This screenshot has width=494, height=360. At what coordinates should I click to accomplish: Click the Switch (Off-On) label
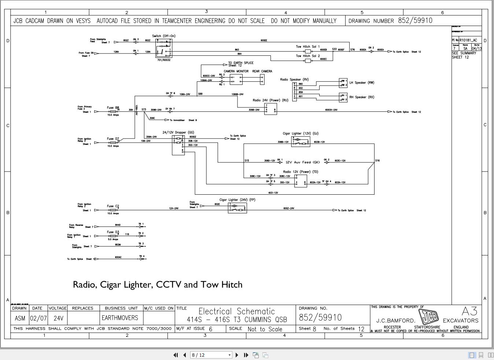[163, 36]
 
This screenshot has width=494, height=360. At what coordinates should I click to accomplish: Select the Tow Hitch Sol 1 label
[307, 47]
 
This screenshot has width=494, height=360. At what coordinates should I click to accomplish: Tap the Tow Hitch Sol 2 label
[307, 56]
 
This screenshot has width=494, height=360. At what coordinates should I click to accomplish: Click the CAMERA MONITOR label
[236, 71]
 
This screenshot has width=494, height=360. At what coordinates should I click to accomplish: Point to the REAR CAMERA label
[262, 71]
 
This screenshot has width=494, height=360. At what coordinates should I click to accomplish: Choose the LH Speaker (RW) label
[361, 83]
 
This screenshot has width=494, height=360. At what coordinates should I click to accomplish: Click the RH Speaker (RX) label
[361, 97]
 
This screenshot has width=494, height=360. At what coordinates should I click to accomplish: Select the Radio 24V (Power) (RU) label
[270, 100]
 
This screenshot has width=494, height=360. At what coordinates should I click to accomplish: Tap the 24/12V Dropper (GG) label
[178, 132]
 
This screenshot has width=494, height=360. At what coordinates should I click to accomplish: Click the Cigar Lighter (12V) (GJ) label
[300, 133]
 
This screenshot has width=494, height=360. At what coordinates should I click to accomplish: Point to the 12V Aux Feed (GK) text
[303, 162]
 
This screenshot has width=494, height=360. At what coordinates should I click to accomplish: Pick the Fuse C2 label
[113, 206]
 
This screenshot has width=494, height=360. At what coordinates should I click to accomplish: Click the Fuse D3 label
[113, 232]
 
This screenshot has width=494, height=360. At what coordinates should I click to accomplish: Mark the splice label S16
[377, 161]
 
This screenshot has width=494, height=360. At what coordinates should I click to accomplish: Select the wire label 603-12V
[273, 192]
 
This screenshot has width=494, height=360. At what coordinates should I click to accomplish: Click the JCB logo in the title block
[428, 317]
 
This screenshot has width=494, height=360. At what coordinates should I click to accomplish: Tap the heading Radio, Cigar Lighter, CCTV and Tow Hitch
[158, 284]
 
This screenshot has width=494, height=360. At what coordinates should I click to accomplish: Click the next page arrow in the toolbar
[237, 355]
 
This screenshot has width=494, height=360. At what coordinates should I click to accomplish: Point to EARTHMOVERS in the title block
[120, 318]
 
